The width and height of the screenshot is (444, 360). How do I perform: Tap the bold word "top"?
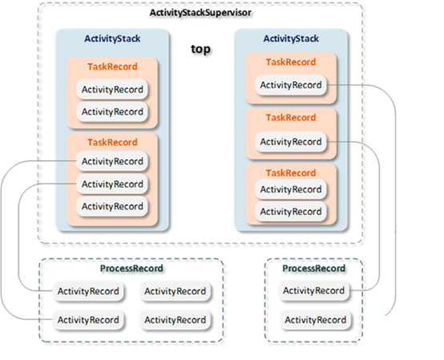200,50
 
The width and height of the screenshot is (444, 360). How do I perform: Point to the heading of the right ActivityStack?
290,38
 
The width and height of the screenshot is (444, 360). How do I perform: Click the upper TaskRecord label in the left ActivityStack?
112,67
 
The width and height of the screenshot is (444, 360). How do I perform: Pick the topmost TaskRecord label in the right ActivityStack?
290,62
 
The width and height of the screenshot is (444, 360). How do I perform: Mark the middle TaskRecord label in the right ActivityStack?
290,117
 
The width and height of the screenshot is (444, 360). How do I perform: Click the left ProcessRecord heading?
133,268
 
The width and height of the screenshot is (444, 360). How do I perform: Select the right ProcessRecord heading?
314,268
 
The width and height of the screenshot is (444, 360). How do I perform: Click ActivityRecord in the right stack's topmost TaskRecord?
290,85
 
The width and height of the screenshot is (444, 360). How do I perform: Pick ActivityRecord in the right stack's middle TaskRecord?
290,142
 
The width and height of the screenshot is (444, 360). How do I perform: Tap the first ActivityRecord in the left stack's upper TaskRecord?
112,89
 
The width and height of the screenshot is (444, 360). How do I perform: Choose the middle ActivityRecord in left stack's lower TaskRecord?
112,184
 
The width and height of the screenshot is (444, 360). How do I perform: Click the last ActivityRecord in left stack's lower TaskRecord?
112,206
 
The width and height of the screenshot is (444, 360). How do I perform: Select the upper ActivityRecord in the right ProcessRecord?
315,290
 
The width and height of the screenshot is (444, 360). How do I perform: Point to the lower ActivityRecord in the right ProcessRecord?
315,320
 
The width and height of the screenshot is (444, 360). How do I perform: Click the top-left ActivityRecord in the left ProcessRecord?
87,290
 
